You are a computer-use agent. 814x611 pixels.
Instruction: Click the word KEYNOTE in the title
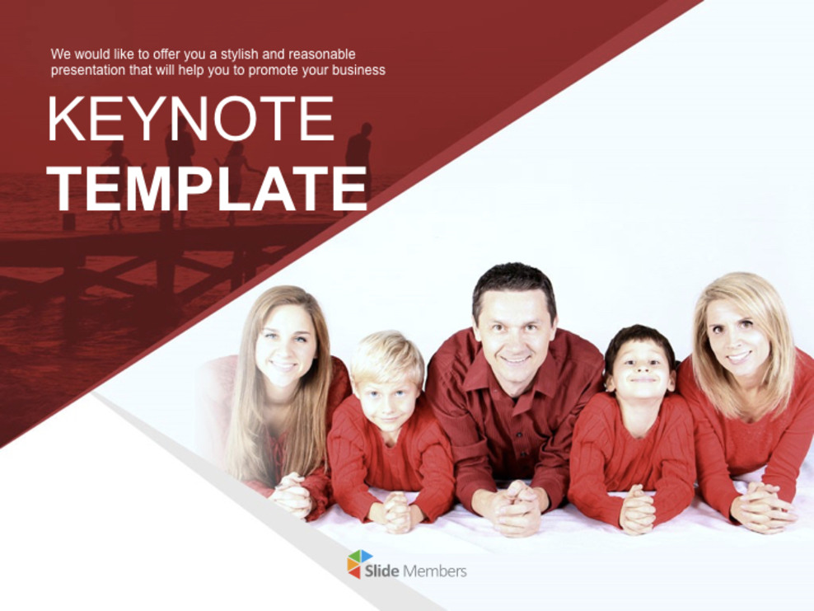pos(190,120)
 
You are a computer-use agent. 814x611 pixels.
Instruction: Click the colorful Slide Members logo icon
pos(359,564)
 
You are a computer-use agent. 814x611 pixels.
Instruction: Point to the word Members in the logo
pos(435,571)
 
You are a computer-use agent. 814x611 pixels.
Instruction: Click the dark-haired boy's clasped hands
pos(637,508)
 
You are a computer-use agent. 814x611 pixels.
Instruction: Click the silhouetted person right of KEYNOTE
pos(358,157)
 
